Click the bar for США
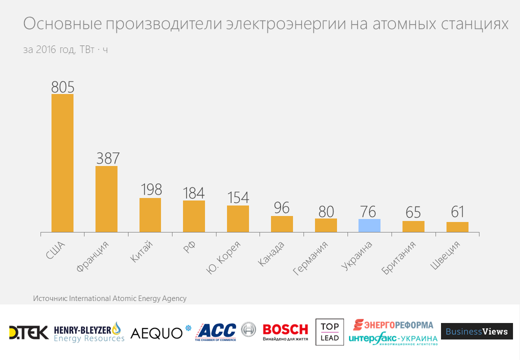62,163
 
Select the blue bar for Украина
369,225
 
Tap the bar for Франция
106,199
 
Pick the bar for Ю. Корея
238,218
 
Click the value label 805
62,87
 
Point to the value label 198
150,190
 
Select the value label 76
369,211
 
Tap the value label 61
457,212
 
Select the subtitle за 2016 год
49,50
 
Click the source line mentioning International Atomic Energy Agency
109,298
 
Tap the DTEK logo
28,332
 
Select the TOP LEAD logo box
329,332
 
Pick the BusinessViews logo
476,331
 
